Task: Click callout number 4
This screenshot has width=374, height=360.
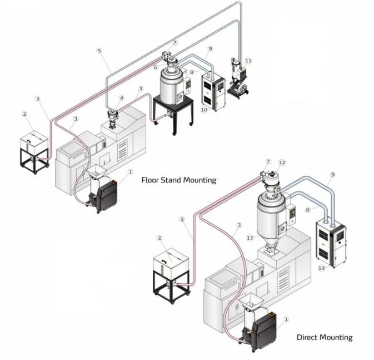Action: tap(122, 98)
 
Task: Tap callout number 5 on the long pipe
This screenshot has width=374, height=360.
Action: tap(99, 51)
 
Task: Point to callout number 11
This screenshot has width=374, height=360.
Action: tap(248, 60)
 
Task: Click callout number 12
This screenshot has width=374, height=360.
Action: tap(282, 162)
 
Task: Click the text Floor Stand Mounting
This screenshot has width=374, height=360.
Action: tap(178, 180)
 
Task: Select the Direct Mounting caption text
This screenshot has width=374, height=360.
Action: tap(324, 337)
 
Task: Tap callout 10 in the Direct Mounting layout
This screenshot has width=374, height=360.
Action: tap(321, 268)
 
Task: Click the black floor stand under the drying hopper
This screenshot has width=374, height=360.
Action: tap(172, 114)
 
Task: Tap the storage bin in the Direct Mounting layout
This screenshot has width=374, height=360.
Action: tap(172, 267)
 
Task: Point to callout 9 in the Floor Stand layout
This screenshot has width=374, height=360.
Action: tap(210, 48)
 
